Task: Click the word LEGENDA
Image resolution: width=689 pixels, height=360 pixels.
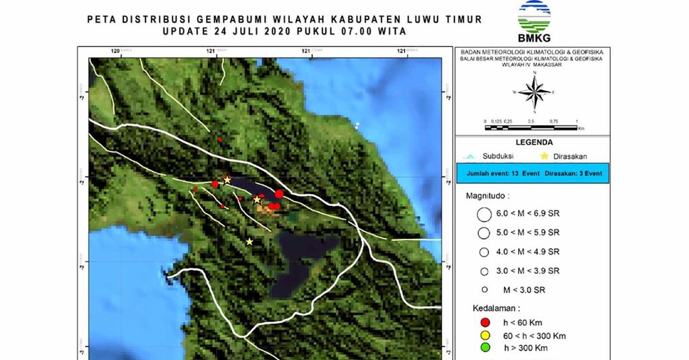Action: point(534,143)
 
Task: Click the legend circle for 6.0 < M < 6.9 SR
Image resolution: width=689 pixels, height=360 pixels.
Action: point(482,215)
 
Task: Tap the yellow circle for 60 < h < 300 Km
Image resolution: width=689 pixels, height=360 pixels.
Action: point(482,336)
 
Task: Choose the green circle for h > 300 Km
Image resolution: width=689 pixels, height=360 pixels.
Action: point(482,348)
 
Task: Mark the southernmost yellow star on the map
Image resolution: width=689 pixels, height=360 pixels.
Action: point(250,242)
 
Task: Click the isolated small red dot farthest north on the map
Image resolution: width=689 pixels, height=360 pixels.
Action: point(219,139)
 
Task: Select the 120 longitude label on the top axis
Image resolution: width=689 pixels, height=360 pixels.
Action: point(116,50)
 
